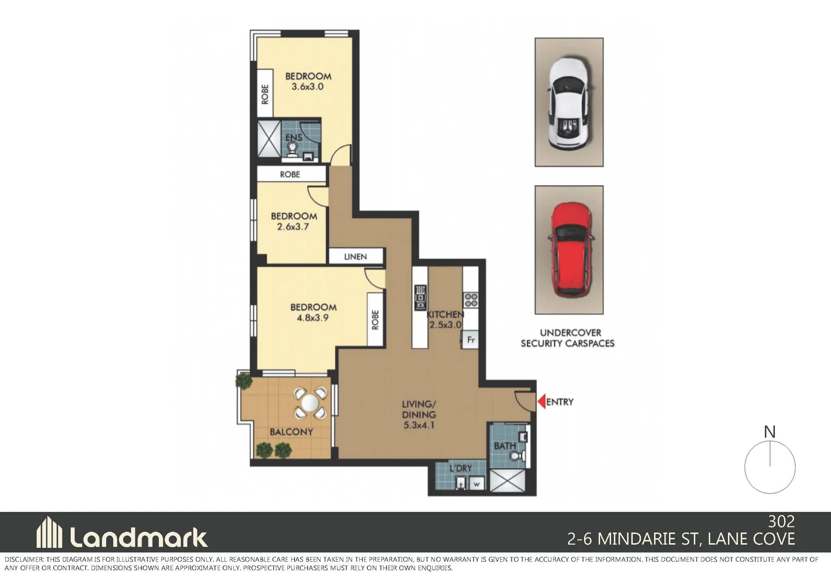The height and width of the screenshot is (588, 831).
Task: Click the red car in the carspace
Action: click(x=569, y=249)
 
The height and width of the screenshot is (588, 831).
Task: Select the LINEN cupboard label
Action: click(x=355, y=256)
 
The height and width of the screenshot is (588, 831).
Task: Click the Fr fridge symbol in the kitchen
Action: click(x=471, y=340)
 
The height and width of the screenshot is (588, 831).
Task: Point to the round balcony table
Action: click(x=310, y=403)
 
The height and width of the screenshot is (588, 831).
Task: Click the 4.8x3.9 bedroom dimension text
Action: click(x=312, y=318)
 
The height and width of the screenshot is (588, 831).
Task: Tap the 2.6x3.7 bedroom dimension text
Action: click(x=293, y=227)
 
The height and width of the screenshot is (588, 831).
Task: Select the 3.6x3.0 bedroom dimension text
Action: click(x=307, y=87)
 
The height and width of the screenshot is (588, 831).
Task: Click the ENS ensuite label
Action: click(x=294, y=138)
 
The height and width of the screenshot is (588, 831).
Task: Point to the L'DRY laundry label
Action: click(x=460, y=468)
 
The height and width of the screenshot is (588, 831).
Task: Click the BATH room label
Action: click(x=504, y=446)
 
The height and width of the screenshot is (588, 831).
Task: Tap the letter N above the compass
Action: click(x=770, y=432)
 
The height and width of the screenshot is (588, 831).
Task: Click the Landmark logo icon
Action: click(x=49, y=532)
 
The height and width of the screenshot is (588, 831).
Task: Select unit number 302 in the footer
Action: click(x=781, y=522)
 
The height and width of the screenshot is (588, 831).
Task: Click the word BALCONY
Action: click(x=291, y=432)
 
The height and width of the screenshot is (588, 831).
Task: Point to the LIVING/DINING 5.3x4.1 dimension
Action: click(x=419, y=425)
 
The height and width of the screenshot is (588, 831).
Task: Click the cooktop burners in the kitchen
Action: click(x=471, y=299)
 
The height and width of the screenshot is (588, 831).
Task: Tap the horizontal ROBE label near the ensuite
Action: click(x=290, y=174)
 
